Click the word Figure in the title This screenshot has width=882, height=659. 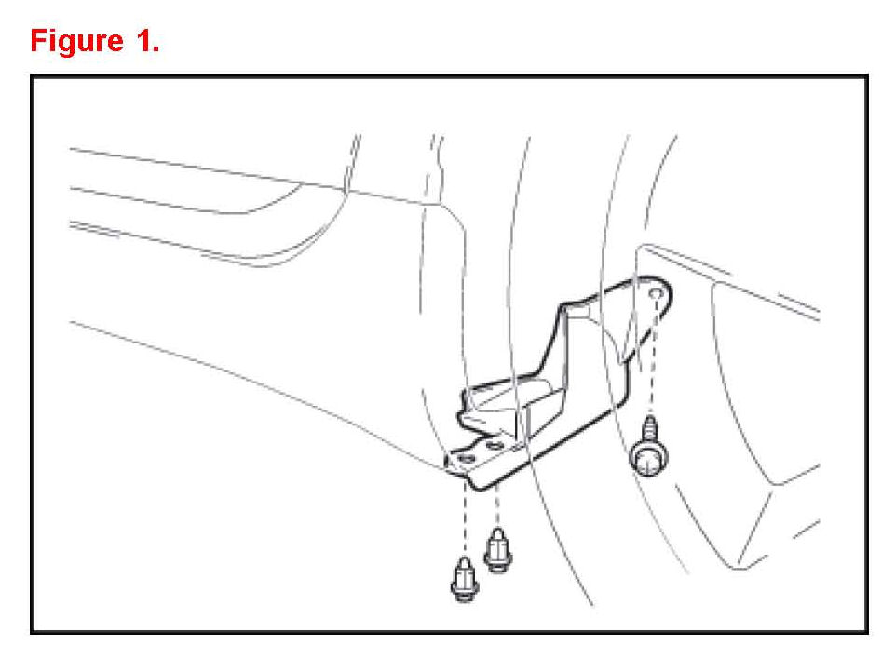(76, 42)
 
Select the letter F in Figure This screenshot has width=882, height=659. (39, 40)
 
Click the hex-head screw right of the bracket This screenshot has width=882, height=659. (650, 446)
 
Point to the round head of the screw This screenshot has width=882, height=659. (649, 457)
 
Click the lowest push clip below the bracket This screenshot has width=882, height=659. (465, 579)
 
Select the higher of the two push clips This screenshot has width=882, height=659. (497, 550)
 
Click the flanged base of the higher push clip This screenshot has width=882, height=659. (497, 564)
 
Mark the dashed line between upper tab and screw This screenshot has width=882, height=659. (654, 357)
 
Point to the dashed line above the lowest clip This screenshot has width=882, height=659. (465, 518)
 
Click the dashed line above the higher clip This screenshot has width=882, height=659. (497, 506)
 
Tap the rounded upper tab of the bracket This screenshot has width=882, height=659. (653, 292)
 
